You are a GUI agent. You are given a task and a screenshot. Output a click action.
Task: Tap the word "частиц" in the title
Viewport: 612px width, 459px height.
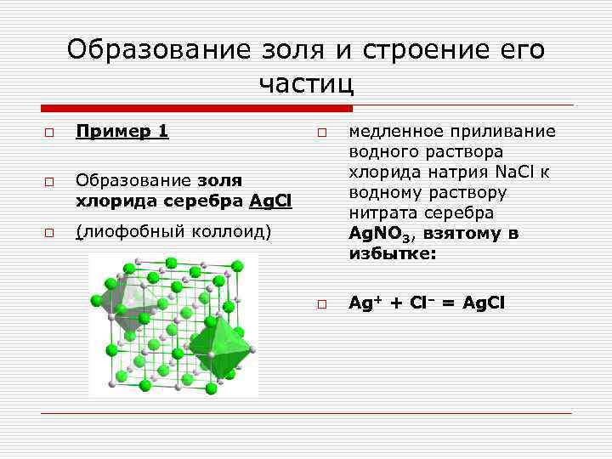point(306,83)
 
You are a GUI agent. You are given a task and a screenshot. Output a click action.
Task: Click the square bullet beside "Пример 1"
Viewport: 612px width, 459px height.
point(49,133)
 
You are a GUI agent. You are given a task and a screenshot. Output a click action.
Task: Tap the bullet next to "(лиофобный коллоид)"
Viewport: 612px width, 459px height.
point(49,231)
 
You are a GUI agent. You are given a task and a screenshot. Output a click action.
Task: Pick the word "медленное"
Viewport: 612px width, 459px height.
point(392,131)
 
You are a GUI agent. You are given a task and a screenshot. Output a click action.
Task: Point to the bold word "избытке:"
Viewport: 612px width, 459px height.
point(391,253)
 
